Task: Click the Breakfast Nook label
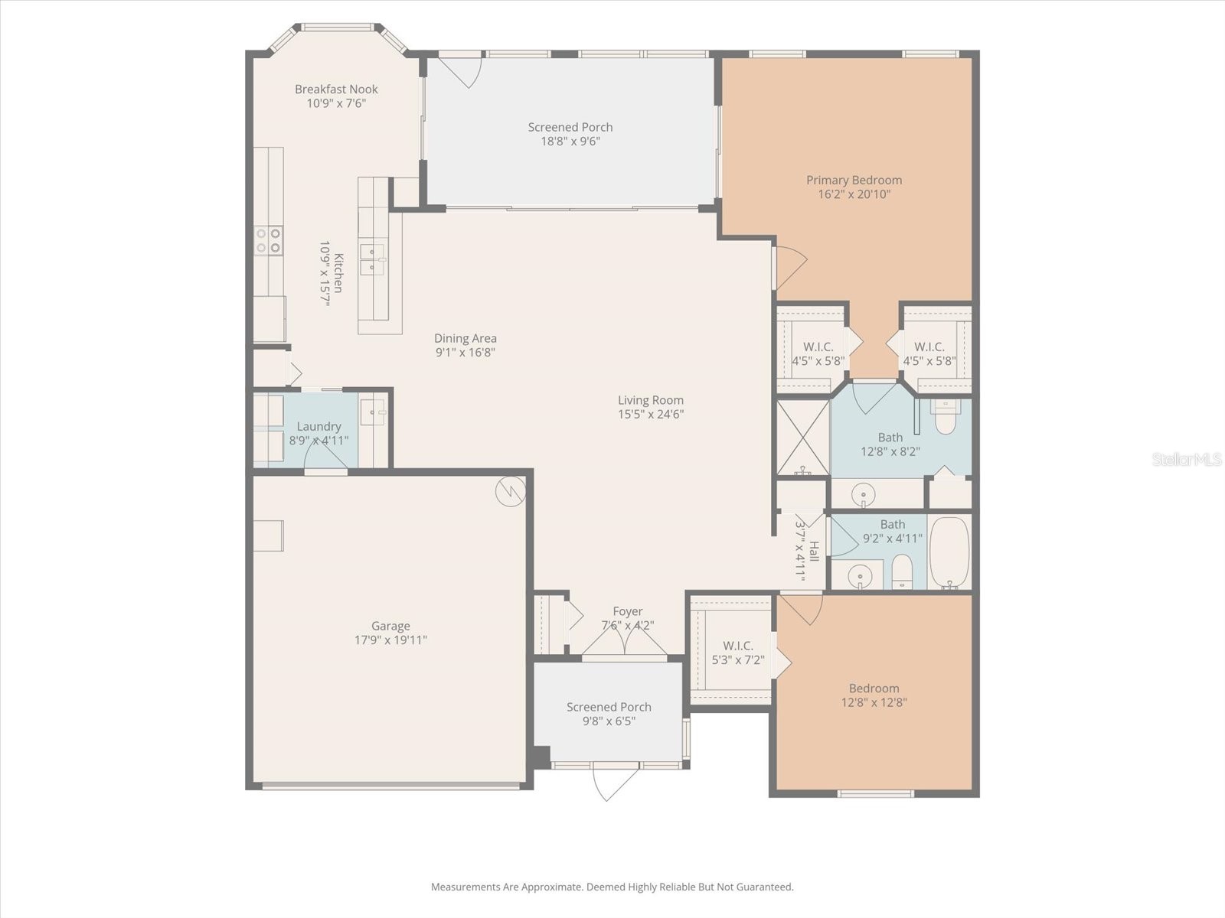pos(336,90)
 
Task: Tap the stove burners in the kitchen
pos(269,241)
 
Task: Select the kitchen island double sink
pos(373,259)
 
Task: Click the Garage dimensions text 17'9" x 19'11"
pos(390,640)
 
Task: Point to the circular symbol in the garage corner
pos(510,492)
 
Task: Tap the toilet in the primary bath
pos(946,418)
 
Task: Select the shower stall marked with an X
pos(803,437)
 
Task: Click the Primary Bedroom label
pos(854,181)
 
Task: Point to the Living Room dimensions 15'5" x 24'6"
pos(651,415)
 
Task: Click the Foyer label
pos(627,611)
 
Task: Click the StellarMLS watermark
pos(1187,460)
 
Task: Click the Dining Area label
pos(465,338)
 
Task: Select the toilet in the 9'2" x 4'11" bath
pos(903,572)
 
